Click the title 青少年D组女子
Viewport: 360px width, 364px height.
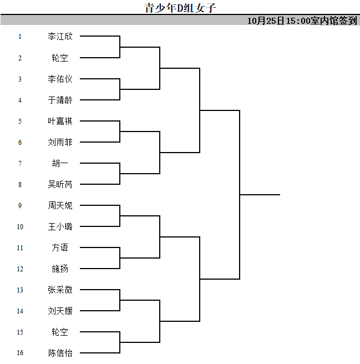pyautogui.click(x=180, y=8)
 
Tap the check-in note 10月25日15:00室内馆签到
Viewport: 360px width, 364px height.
pyautogui.click(x=302, y=21)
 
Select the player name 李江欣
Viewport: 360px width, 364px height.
pyautogui.click(x=60, y=37)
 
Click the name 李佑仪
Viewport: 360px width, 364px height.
pyautogui.click(x=60, y=79)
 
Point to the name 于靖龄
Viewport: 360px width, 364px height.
pyautogui.click(x=60, y=100)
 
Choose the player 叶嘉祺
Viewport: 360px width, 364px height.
pyautogui.click(x=60, y=121)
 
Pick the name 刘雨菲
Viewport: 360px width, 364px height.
pyautogui.click(x=60, y=142)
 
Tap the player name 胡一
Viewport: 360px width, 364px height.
pyautogui.click(x=60, y=163)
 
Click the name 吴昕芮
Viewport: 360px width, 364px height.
pyautogui.click(x=60, y=184)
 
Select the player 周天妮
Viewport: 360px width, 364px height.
pyautogui.click(x=60, y=205)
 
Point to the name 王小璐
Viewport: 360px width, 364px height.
pyautogui.click(x=60, y=226)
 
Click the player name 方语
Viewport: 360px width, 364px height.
pyautogui.click(x=60, y=247)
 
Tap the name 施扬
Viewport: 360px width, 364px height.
pyautogui.click(x=60, y=269)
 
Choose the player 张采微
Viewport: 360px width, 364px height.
pyautogui.click(x=60, y=290)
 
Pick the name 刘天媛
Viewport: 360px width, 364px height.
pyautogui.click(x=60, y=311)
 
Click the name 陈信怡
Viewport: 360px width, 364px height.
pyautogui.click(x=60, y=353)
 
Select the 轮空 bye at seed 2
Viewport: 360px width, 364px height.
pyautogui.click(x=60, y=58)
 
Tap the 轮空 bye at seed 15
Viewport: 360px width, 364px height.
pyautogui.click(x=60, y=332)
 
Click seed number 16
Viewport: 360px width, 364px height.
pyautogui.click(x=20, y=353)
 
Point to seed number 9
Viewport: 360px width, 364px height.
pyautogui.click(x=20, y=205)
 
